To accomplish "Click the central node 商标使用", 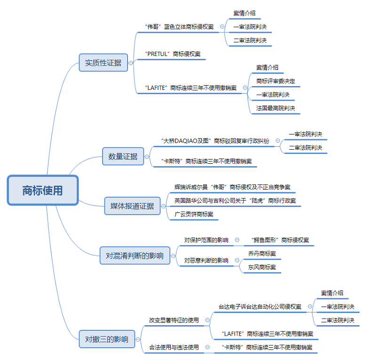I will (x=42, y=191).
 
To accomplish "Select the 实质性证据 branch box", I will (x=103, y=63).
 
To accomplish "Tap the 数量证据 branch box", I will (x=123, y=156).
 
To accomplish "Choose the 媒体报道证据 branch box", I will (x=132, y=206).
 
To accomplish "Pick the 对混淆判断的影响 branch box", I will (x=135, y=256).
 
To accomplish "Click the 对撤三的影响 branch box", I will (x=106, y=339).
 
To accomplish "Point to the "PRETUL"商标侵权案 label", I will (x=173, y=54).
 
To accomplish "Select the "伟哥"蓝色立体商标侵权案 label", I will (x=180, y=27).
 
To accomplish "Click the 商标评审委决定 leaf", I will (x=276, y=81).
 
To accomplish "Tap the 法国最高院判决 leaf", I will (x=276, y=108).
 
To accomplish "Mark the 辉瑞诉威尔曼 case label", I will (x=232, y=187).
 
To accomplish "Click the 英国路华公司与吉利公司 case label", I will (x=235, y=200).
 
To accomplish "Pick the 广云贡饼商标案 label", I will (x=193, y=214).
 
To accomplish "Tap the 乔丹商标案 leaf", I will (x=262, y=254).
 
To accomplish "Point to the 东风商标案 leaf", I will (x=262, y=267).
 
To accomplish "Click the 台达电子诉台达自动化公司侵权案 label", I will (x=260, y=307).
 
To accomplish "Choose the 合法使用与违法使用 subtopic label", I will (x=174, y=347).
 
